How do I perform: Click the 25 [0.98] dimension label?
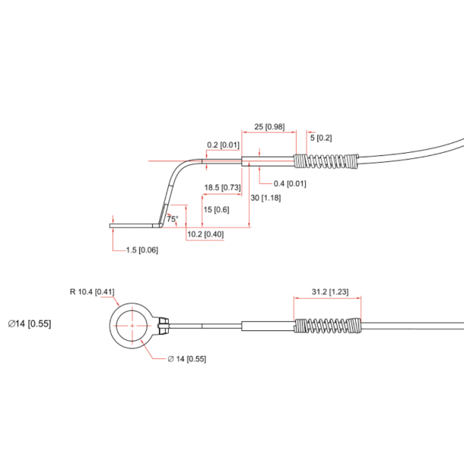tap(269, 127)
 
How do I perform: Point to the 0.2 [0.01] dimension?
tap(224, 145)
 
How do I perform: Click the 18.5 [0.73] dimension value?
tap(222, 187)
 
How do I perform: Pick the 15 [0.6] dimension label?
tap(217, 210)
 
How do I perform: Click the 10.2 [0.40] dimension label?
tap(205, 234)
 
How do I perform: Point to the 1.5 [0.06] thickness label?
tap(142, 250)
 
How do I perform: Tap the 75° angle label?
tap(173, 219)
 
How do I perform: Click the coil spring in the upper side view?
tap(326, 162)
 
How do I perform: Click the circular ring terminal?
tap(132, 326)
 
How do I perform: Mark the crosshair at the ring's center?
tap(132, 326)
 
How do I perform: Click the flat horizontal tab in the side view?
tap(135, 225)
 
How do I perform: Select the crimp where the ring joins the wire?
tap(160, 326)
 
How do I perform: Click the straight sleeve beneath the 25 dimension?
tap(268, 161)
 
